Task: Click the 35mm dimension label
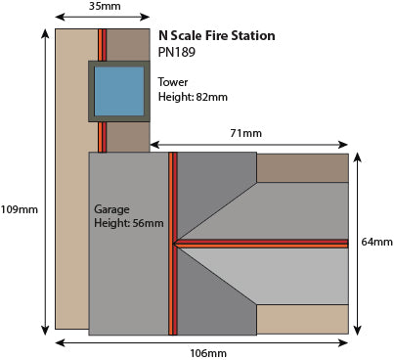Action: pos(105,6)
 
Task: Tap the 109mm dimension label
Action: pos(20,209)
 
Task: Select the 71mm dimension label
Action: pos(246,133)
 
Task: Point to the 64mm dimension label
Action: pos(377,242)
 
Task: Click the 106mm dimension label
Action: pos(208,353)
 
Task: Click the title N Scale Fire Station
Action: pos(217,35)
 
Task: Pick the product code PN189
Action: pos(177,52)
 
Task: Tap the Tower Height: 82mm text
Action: pos(193,89)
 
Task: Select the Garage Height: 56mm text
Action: pos(129,216)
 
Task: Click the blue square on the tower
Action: pos(119,91)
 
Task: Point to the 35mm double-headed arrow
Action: pos(103,17)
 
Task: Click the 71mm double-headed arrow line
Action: pos(249,145)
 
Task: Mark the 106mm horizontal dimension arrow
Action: pos(202,342)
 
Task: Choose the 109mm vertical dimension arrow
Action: pos(46,182)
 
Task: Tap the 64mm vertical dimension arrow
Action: pos(358,244)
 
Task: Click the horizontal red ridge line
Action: pos(261,244)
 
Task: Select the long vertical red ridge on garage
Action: pos(173,244)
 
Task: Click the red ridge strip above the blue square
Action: pos(103,45)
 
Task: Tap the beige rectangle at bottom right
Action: pos(302,319)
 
